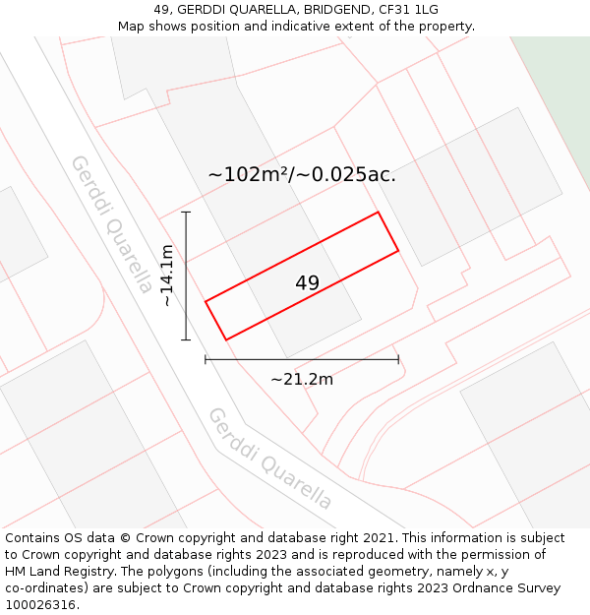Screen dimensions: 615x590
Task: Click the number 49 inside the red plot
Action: click(307, 283)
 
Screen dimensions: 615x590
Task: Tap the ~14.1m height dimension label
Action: click(167, 276)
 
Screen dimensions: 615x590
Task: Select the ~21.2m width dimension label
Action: click(302, 379)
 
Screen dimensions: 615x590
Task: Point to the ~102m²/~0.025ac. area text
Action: click(302, 175)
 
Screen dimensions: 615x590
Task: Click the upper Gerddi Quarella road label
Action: click(111, 223)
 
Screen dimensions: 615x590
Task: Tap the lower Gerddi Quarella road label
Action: click(269, 459)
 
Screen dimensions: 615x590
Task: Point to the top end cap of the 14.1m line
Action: click(186, 212)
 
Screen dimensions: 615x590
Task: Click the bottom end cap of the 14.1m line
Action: click(186, 339)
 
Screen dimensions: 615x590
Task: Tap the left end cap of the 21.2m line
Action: click(206, 359)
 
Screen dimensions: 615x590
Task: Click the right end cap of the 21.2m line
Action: click(398, 359)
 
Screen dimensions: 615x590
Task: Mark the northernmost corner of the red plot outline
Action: click(378, 213)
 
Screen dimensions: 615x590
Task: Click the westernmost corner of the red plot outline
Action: click(206, 301)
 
